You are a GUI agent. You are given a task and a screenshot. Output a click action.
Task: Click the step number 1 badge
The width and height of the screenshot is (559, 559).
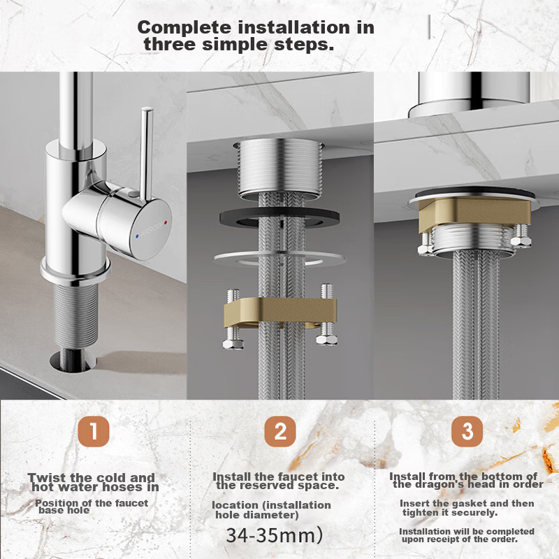click(94, 431)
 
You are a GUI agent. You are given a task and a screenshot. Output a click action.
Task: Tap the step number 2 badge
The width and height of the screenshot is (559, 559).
click(280, 431)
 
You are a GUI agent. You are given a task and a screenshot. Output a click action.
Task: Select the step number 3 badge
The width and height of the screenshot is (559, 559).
click(467, 431)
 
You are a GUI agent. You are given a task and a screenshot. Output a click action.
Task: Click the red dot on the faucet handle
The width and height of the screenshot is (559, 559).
click(165, 223)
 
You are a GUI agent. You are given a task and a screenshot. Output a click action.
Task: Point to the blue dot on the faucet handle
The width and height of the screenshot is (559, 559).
click(138, 236)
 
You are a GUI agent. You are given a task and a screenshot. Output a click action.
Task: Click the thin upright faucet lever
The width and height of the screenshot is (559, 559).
click(146, 154)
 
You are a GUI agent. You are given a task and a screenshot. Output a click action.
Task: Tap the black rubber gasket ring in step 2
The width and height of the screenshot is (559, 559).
click(279, 217)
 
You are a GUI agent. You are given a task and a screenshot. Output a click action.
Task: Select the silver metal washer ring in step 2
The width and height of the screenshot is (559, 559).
click(279, 259)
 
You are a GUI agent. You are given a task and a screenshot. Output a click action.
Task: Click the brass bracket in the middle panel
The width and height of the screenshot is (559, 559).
click(280, 310)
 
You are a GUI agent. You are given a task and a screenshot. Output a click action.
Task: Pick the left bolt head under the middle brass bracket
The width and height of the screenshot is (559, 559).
click(233, 344)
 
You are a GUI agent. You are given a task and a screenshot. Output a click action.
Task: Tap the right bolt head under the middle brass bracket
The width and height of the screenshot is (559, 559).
click(327, 340)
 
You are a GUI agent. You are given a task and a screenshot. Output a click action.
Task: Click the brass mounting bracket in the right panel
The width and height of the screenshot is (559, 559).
click(474, 213)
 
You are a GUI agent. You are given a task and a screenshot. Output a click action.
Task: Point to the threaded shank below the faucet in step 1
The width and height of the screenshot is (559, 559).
click(75, 313)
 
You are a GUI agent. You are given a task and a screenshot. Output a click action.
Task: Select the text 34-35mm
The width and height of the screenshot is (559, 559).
click(274, 535)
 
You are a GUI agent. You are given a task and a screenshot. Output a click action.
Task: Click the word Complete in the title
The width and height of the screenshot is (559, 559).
click(184, 28)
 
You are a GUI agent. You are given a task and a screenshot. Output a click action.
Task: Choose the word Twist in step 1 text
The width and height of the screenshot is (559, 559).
click(46, 477)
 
